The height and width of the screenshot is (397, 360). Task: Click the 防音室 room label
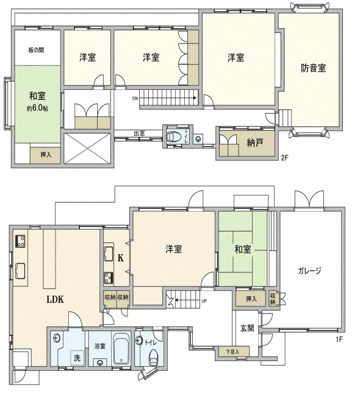[314, 68]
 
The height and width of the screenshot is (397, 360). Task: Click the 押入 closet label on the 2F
[46, 155]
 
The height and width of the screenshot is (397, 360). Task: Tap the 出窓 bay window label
[139, 133]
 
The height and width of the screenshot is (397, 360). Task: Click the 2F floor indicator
[284, 158]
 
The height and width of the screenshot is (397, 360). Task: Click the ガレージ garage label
[309, 271]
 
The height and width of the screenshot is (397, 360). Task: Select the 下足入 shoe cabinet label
[232, 351]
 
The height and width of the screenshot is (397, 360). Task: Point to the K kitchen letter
[121, 258]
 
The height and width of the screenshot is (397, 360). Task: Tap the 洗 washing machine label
[77, 358]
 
